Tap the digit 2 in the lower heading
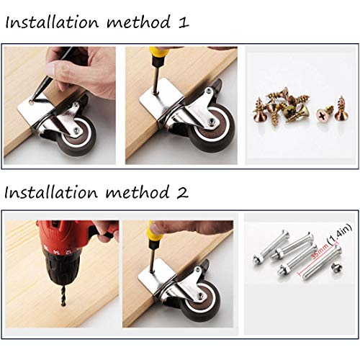pos(184,192)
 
